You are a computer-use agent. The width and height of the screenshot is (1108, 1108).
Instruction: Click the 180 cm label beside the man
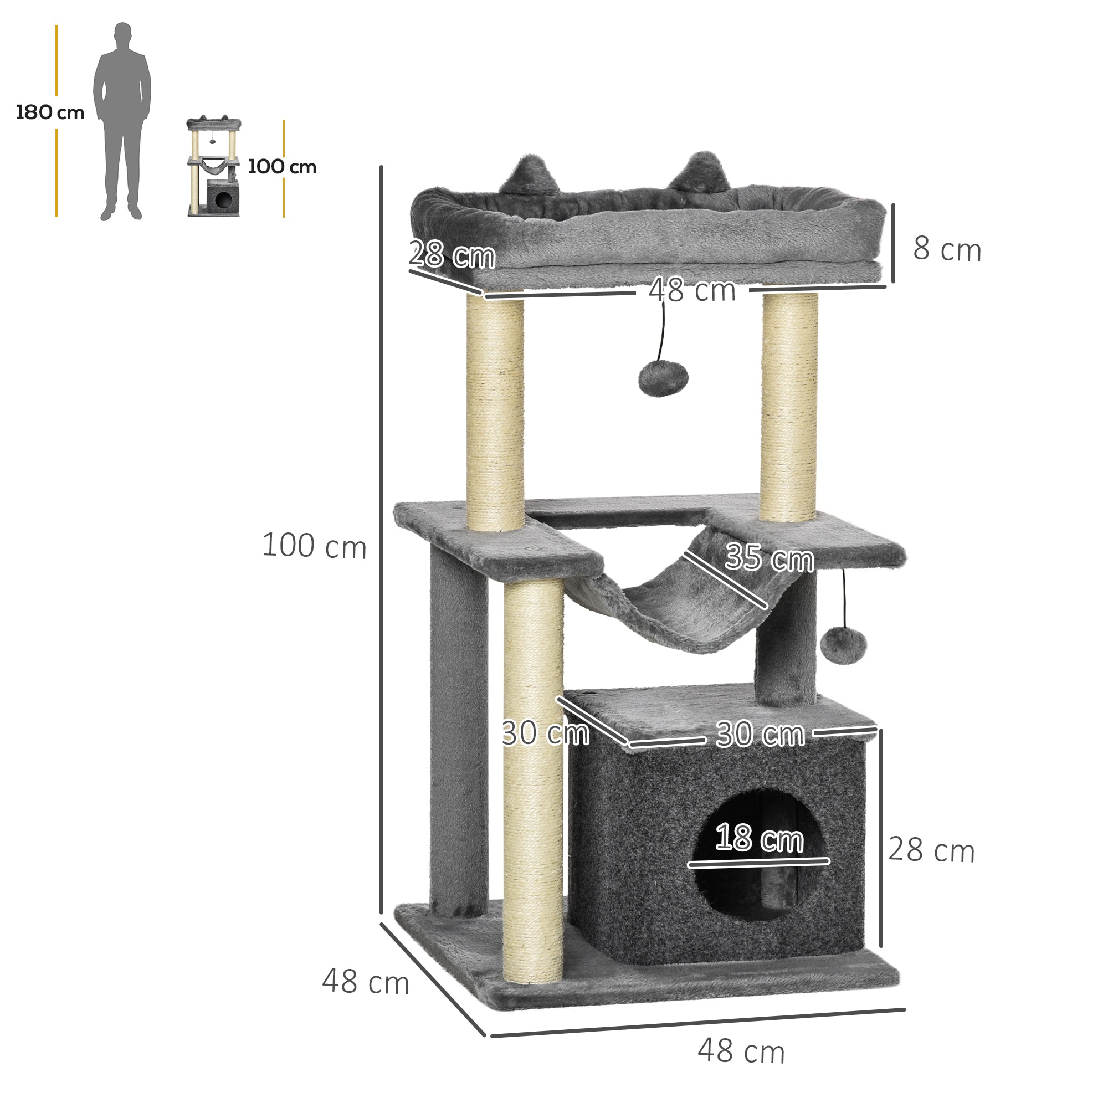[x=50, y=112]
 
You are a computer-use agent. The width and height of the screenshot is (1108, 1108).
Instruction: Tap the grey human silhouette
[x=121, y=120]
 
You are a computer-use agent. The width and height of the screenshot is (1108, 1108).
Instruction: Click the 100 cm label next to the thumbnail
[x=281, y=167]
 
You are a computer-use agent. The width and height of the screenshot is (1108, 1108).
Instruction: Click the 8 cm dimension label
[x=947, y=249]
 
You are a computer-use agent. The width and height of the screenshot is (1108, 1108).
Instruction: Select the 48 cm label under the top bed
[x=691, y=290]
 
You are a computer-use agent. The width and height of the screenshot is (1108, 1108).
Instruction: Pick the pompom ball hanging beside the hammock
[x=843, y=645]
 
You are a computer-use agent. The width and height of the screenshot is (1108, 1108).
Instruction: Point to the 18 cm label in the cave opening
[x=760, y=838]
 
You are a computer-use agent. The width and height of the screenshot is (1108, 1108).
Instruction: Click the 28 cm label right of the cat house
[x=931, y=850]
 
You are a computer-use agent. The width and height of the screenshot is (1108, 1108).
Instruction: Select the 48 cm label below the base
[x=741, y=1052]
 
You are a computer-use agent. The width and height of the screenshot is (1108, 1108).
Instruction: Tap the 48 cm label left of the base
[x=365, y=981]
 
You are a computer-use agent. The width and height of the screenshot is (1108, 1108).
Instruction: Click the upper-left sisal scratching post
[x=495, y=413]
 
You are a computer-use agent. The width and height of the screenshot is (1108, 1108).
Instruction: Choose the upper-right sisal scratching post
[x=789, y=407]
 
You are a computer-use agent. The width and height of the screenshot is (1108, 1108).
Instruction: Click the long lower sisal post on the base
[x=534, y=780]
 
